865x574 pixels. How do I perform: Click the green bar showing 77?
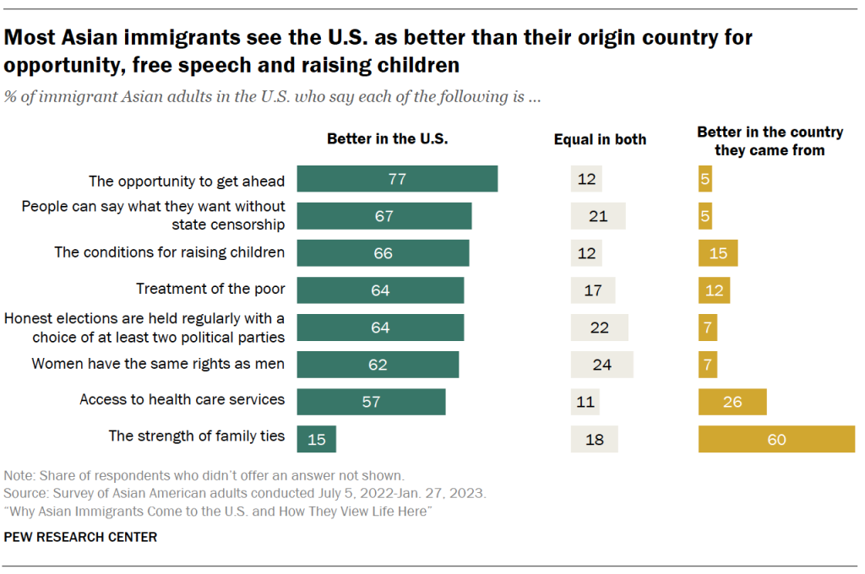pos(396,179)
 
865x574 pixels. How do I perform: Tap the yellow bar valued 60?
pos(776,439)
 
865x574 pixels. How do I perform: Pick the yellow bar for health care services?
pos(732,402)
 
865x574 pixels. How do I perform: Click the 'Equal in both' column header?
pos(600,139)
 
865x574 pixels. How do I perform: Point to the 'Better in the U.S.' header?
pos(387,139)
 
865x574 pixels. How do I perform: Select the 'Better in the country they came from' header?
pos(769,141)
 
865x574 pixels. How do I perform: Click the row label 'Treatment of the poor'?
pos(210,290)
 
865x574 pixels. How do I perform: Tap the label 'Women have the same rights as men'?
pos(158,364)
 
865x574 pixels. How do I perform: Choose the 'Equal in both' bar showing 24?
pos(601,365)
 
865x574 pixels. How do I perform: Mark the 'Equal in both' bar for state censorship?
pos(598,216)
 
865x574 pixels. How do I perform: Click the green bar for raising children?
pos(382,253)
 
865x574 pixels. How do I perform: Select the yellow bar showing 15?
pos(718,253)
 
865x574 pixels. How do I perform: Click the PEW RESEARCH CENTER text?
pos(80,537)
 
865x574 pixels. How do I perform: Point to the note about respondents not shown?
pos(204,475)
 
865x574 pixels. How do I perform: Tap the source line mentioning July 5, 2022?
pos(245,492)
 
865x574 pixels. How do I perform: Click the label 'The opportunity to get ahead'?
pos(187,181)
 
